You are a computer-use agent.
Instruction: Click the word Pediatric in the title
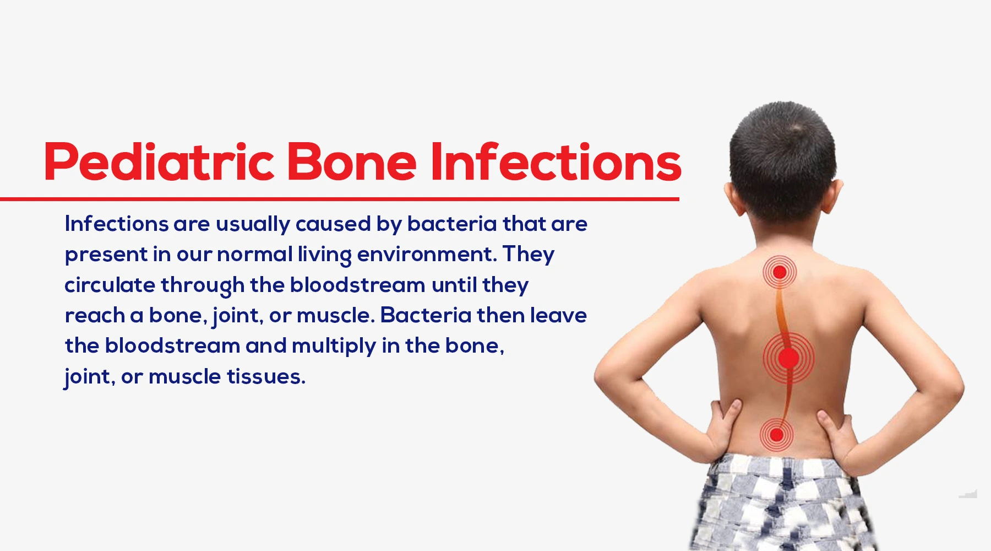(x=159, y=162)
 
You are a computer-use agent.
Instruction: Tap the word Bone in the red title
(x=352, y=162)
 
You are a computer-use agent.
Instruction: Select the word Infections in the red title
(x=556, y=162)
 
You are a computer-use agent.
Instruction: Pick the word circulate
(x=110, y=285)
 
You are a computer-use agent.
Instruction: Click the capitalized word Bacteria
(x=426, y=315)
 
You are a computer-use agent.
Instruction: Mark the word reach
(x=95, y=315)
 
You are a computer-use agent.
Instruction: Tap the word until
(x=454, y=285)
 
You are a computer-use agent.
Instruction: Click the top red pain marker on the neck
(x=780, y=272)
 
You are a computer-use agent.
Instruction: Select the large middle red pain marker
(x=788, y=358)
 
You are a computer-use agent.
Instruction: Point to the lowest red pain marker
(x=776, y=435)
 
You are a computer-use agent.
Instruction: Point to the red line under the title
(x=340, y=198)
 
